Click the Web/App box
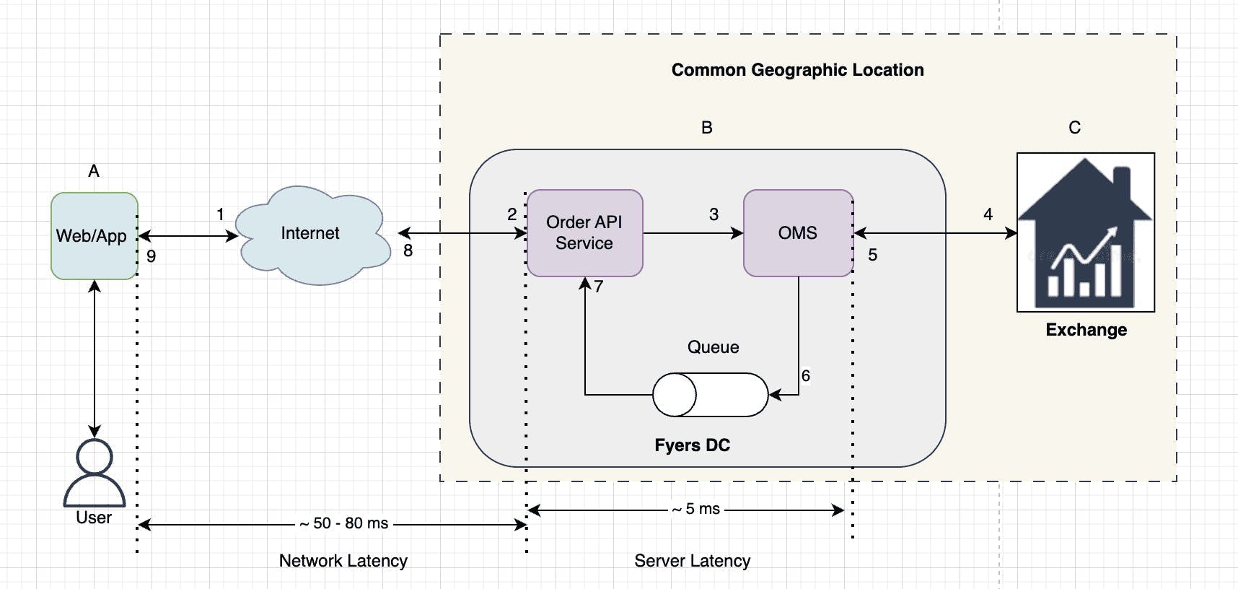click(94, 235)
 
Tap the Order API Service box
click(584, 232)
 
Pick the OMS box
click(798, 232)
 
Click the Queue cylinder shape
click(711, 395)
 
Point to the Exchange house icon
click(1086, 232)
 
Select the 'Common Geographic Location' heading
click(797, 70)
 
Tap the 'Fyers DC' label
click(692, 445)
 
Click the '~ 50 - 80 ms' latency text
click(344, 523)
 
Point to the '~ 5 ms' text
click(695, 509)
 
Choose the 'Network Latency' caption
click(343, 561)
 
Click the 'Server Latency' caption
click(693, 561)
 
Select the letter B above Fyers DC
click(707, 128)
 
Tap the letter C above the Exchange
click(1075, 128)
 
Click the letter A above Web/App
click(94, 171)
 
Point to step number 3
click(714, 214)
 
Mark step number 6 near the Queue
click(806, 375)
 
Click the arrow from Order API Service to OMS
click(693, 233)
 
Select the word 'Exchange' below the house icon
click(1086, 330)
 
